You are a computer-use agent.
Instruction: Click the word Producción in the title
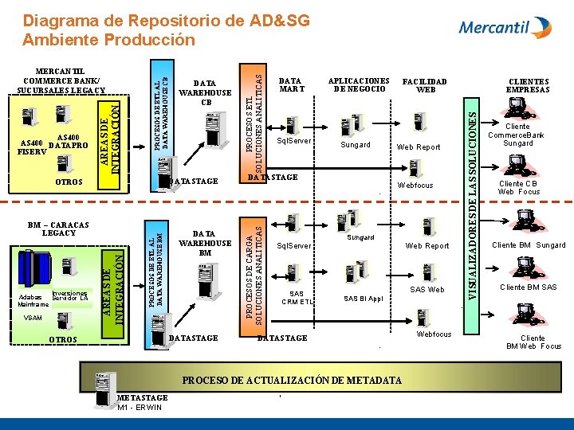pyautogui.click(x=151, y=39)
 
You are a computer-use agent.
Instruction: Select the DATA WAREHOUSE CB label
pyautogui.click(x=206, y=92)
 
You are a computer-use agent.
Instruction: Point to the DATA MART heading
pyautogui.click(x=290, y=84)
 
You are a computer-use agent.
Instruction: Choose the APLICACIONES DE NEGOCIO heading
pyautogui.click(x=359, y=84)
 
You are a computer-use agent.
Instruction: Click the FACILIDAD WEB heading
pyautogui.click(x=425, y=84)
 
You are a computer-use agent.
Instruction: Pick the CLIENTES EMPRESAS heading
pyautogui.click(x=528, y=85)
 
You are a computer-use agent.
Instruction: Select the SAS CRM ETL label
pyautogui.click(x=297, y=298)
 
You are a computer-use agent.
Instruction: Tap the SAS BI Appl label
pyautogui.click(x=364, y=299)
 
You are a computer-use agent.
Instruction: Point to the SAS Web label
pyautogui.click(x=427, y=289)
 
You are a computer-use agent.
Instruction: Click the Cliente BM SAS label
pyautogui.click(x=529, y=287)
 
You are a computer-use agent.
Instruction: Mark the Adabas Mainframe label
pyautogui.click(x=33, y=299)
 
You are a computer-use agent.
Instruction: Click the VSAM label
pyautogui.click(x=32, y=317)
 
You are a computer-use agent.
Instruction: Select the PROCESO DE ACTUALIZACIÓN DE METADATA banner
pyautogui.click(x=292, y=381)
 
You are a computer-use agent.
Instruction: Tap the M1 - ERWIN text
pyautogui.click(x=140, y=408)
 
